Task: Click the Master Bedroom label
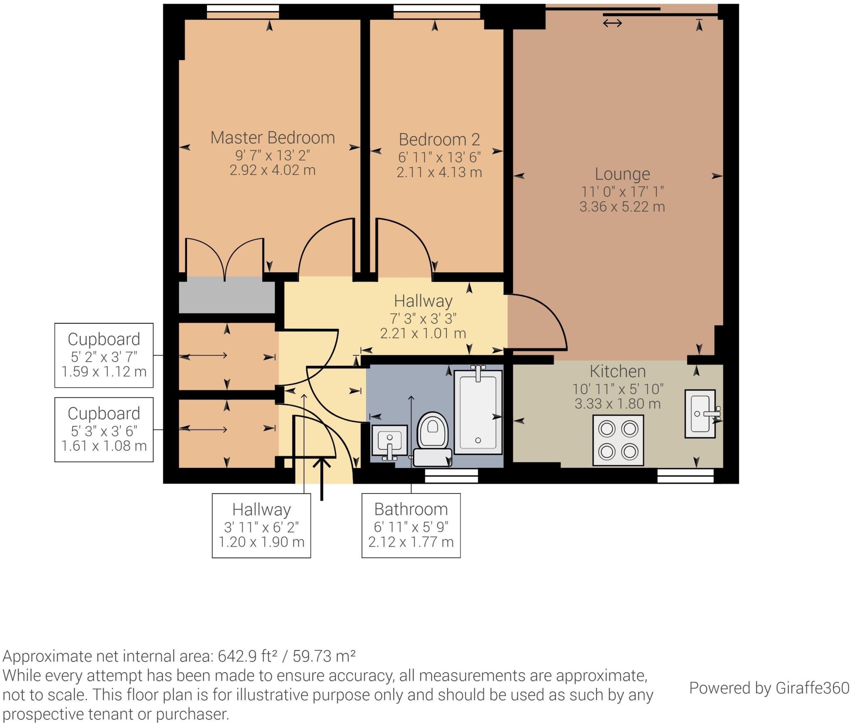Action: point(273,138)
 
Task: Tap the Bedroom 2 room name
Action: point(439,140)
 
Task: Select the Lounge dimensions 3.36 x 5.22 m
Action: point(622,207)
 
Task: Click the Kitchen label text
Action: point(617,371)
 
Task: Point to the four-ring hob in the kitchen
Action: point(618,440)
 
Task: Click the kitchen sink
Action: point(701,414)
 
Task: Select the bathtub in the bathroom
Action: point(478,412)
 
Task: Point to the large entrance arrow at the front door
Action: point(322,478)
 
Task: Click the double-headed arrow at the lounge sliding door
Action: point(612,23)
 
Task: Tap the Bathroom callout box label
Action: point(411,510)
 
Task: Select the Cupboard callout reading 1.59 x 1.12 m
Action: point(104,355)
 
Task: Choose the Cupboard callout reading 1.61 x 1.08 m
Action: point(104,429)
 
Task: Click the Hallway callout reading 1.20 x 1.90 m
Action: point(261,526)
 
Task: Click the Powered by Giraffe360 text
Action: point(769,688)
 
